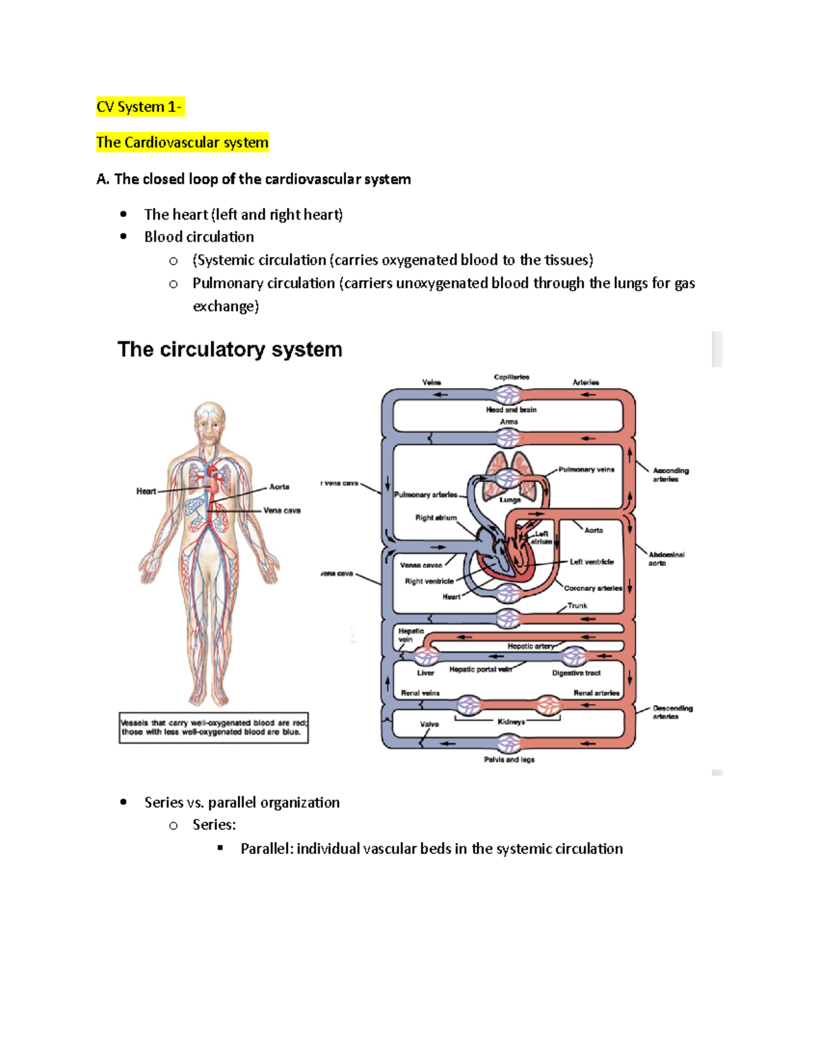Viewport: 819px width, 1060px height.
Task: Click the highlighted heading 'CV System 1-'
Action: tap(139, 107)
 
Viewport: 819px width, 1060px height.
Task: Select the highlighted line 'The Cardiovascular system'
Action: tap(182, 143)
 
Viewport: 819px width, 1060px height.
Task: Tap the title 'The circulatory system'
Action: tap(230, 349)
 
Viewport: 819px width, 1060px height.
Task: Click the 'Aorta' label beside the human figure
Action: tap(279, 487)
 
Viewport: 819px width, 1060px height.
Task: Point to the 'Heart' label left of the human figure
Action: tap(146, 491)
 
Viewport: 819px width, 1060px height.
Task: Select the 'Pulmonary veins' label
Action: tap(586, 470)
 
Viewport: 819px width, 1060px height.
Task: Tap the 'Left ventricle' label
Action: tap(592, 562)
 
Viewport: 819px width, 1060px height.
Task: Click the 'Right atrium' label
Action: tap(435, 517)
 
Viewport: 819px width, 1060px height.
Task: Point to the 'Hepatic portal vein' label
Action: tap(480, 670)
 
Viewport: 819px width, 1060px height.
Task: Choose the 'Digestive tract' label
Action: tap(576, 673)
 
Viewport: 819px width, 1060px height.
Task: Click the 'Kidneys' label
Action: tap(511, 721)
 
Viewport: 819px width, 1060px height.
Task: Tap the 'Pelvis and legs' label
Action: tap(509, 760)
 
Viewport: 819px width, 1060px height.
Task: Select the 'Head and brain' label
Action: tap(511, 410)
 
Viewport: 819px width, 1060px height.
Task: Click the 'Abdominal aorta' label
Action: tap(666, 558)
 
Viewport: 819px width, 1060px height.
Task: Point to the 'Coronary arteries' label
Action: tap(592, 588)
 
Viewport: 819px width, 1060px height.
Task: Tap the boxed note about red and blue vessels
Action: tap(214, 728)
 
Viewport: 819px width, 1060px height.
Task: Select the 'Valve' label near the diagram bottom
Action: tap(429, 724)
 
